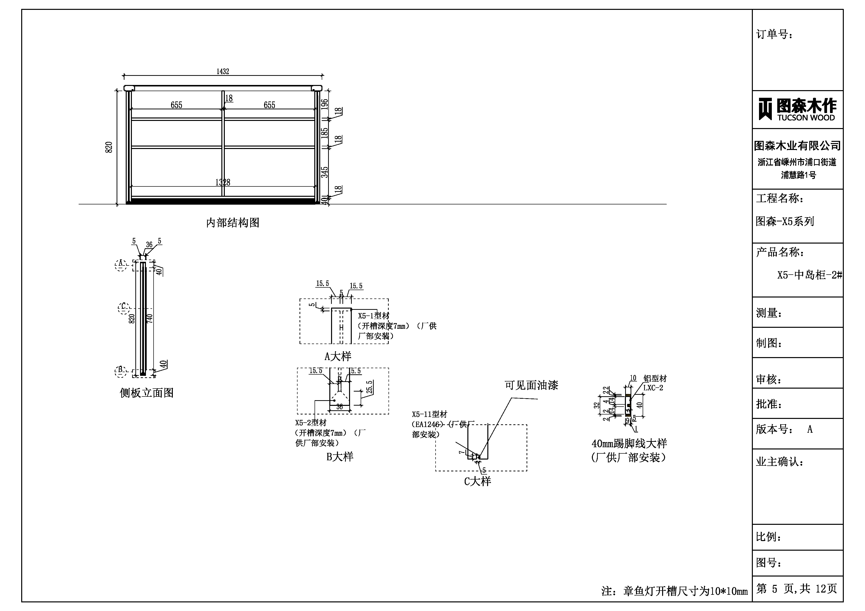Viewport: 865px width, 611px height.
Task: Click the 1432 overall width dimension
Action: [x=223, y=71]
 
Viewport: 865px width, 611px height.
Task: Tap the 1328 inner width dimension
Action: [x=223, y=182]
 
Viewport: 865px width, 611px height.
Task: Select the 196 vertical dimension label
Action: [x=325, y=104]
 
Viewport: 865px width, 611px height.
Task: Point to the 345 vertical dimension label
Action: [x=325, y=172]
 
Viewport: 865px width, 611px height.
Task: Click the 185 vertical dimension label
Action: [x=325, y=133]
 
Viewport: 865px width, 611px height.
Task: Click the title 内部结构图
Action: [x=232, y=223]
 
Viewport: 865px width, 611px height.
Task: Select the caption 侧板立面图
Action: [x=147, y=393]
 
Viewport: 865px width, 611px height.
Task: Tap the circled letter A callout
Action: [x=121, y=265]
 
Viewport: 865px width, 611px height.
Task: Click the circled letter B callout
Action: [x=120, y=371]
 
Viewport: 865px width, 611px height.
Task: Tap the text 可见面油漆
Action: [x=531, y=385]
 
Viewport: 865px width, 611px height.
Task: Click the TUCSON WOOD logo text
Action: [x=806, y=117]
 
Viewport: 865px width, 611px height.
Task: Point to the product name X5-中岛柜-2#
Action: [x=809, y=275]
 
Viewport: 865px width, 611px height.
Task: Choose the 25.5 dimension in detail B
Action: [x=370, y=387]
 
